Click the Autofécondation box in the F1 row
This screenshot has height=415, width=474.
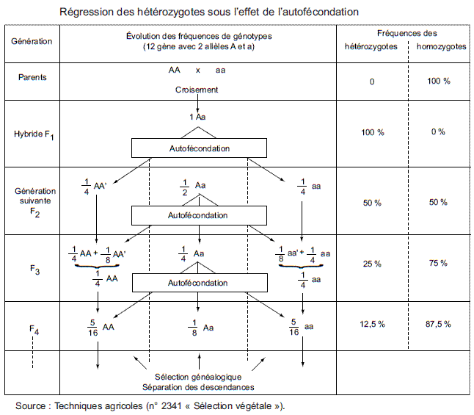coord(198,148)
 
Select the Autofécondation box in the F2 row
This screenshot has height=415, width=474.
coord(198,215)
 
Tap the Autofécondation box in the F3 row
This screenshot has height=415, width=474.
coord(198,282)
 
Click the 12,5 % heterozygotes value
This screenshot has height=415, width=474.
coord(372,323)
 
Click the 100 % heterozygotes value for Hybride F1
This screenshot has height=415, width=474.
coord(372,132)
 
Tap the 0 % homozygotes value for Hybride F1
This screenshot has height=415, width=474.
coord(438,132)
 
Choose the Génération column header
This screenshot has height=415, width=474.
coord(32,41)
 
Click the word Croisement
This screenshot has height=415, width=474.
coord(197,90)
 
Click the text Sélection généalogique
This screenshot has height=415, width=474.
coord(198,377)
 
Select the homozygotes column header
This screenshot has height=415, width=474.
coord(441,46)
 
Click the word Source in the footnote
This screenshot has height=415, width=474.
coord(30,405)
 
